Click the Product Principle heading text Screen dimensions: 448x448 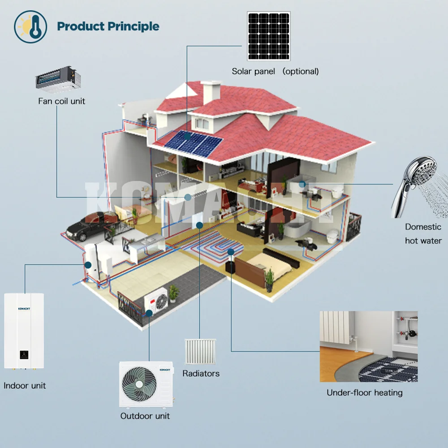tap(108, 26)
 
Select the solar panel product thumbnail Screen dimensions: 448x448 tap(268, 36)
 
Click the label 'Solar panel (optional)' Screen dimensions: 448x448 tap(275, 71)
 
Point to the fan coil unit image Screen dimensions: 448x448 tap(59, 78)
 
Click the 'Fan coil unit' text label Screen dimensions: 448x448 tap(61, 101)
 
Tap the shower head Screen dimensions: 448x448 tap(412, 184)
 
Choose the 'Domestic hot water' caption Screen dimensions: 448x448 tap(423, 234)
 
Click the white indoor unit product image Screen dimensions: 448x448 tap(24, 331)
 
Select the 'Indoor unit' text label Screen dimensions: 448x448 tap(25, 385)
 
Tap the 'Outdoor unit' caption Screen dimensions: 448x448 tap(145, 416)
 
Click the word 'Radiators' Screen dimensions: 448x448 tap(201, 373)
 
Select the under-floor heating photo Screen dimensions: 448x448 tap(368, 346)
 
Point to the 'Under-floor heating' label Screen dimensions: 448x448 tap(364, 393)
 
